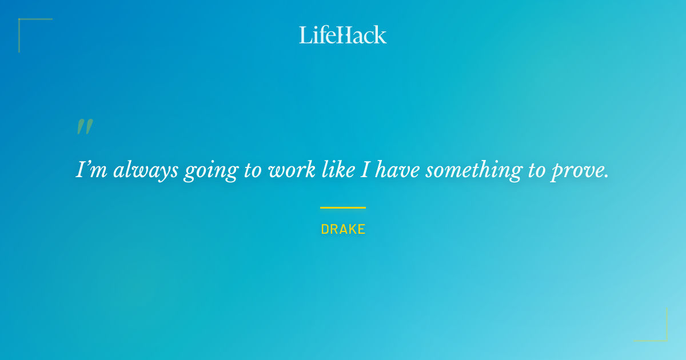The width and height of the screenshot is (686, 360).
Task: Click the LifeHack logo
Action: pyautogui.click(x=343, y=35)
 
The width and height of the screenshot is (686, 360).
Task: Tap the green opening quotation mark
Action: pyautogui.click(x=85, y=127)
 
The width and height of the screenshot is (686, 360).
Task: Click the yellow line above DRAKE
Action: pyautogui.click(x=343, y=207)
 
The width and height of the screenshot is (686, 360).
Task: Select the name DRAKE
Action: pyautogui.click(x=343, y=229)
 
